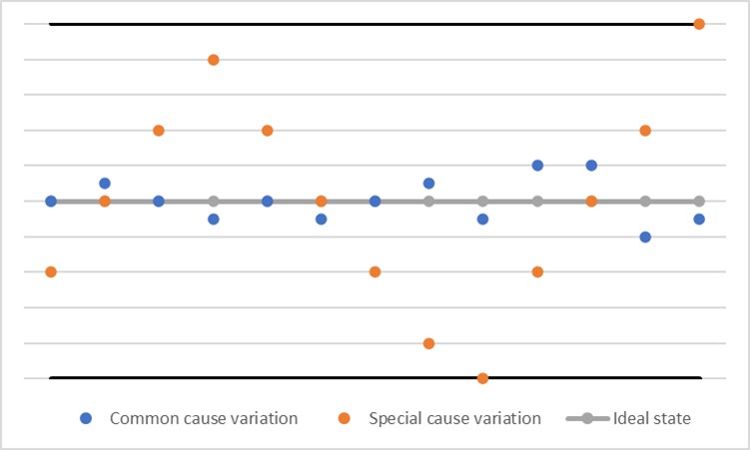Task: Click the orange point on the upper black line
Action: point(699,24)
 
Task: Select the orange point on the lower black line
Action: point(482,378)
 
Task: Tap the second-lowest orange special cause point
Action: point(428,343)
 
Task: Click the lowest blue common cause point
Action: point(645,236)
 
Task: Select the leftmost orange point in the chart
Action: point(51,271)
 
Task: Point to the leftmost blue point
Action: point(51,201)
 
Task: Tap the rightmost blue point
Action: point(699,219)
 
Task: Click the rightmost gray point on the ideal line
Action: point(699,201)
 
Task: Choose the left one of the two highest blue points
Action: point(537,166)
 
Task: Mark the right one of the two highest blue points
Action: point(591,166)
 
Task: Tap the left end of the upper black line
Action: point(51,24)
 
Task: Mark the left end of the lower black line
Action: point(51,378)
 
